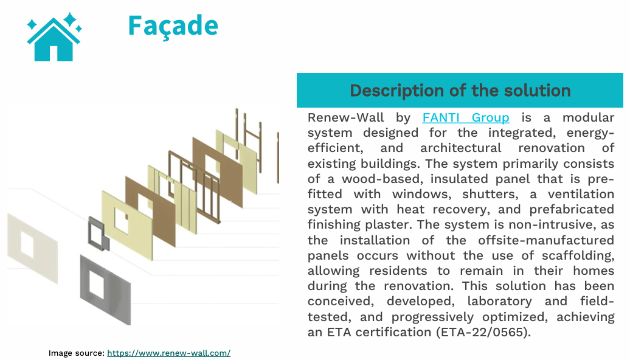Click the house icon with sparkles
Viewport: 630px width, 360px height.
[54, 37]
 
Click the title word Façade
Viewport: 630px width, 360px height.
[173, 26]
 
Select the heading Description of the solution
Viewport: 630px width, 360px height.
[460, 91]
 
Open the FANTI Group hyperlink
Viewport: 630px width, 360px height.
[466, 117]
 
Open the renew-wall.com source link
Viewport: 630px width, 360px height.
[169, 353]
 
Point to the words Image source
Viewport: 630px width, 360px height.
[77, 353]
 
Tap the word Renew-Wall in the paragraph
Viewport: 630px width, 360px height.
[346, 117]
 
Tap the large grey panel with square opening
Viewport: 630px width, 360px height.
[106, 289]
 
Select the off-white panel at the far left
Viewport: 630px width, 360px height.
[33, 248]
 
